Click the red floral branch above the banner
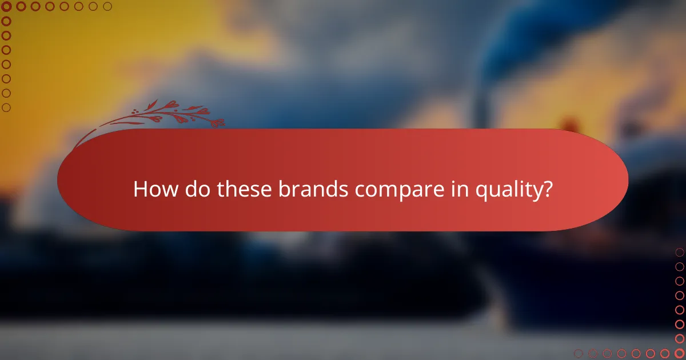click(166, 114)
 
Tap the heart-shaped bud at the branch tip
click(219, 122)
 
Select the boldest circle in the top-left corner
click(6, 6)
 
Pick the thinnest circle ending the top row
click(107, 6)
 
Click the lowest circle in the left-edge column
click(6, 107)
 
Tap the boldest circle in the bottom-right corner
click(680, 354)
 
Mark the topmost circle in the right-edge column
click(680, 252)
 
